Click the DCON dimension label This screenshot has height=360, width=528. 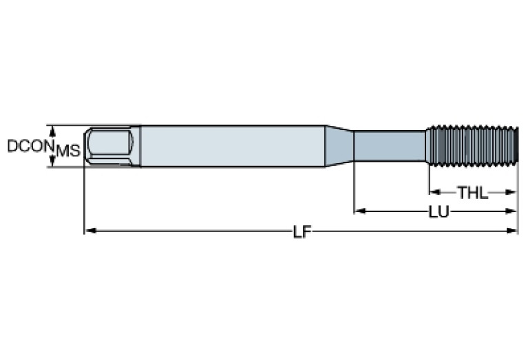click(x=30, y=146)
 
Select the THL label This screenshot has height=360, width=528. click(x=473, y=193)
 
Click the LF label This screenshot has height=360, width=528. click(x=301, y=232)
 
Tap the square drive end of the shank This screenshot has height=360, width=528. click(x=110, y=145)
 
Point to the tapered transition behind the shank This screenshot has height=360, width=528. click(x=339, y=145)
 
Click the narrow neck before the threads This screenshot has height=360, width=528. click(x=390, y=145)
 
